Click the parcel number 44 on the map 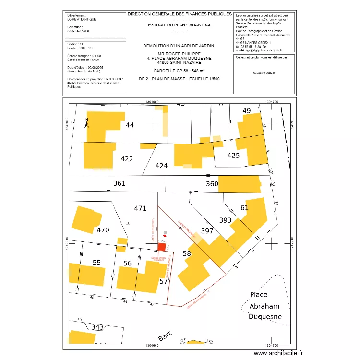pos(130,125)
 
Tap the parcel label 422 pos(127,159)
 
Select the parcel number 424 pos(162,166)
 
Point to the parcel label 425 pos(233,156)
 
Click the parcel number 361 pos(119,183)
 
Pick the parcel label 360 pos(212,184)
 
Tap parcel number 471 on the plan pos(140,208)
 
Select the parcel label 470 pos(103,230)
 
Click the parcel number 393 pos(225,221)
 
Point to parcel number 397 pos(207,231)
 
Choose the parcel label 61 pos(245,208)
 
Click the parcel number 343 pos(97,327)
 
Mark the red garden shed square pos(162,247)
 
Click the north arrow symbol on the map pos(86,122)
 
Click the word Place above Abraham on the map pos(259,295)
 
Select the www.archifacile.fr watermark pos(279,353)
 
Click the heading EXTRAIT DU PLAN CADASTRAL pos(180,25)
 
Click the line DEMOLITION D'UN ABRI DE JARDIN pos(179,46)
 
